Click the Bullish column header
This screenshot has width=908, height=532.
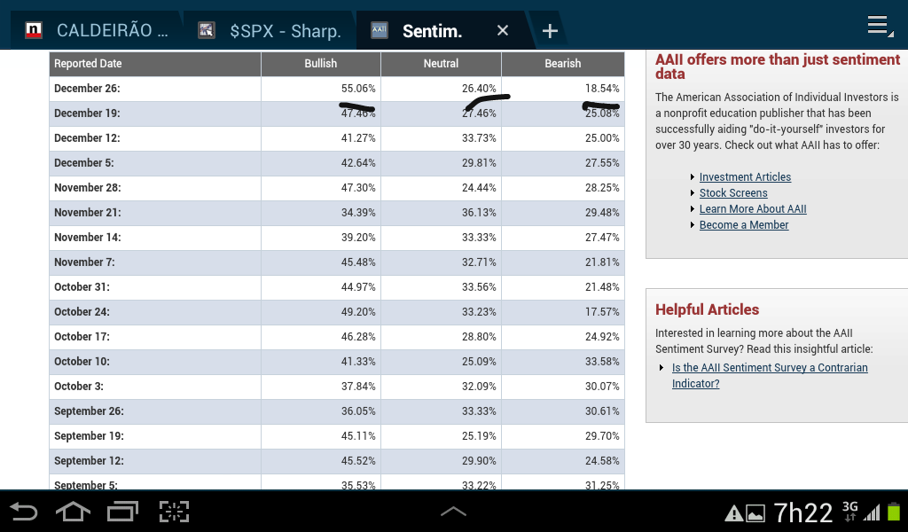click(x=321, y=64)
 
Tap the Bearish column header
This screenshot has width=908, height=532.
click(x=562, y=64)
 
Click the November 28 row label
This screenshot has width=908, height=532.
click(x=88, y=188)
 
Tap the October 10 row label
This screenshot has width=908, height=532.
click(x=82, y=362)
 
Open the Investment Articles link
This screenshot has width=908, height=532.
click(x=745, y=177)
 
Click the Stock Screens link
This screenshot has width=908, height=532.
click(x=733, y=193)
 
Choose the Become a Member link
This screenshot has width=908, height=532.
click(x=744, y=225)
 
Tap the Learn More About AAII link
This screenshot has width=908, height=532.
click(x=753, y=209)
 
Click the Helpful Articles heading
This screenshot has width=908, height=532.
click(x=707, y=309)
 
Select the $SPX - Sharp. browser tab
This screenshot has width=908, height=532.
click(x=285, y=31)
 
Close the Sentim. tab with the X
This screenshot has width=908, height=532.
click(x=503, y=31)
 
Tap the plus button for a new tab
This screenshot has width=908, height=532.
click(x=550, y=31)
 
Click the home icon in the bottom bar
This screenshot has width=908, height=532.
click(x=73, y=512)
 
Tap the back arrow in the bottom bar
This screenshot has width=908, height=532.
click(x=24, y=512)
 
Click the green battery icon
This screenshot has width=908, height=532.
click(x=894, y=512)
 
